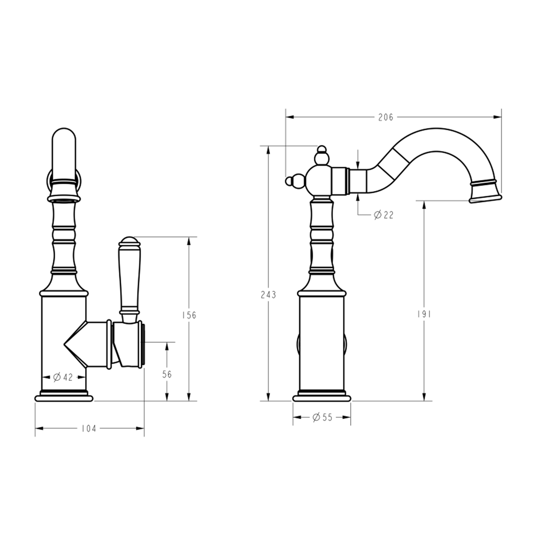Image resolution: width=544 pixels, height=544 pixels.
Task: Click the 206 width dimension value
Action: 386,117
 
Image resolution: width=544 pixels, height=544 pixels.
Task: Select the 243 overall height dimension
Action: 268,295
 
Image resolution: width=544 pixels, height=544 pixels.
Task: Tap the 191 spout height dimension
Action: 424,314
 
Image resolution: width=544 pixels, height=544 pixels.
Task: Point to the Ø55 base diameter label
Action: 322,417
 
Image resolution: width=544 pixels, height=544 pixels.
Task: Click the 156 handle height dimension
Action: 189,315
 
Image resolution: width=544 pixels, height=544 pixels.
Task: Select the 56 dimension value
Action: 166,374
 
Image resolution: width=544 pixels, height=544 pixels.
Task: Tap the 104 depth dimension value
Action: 89,429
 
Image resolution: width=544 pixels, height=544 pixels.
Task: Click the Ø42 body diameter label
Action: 62,377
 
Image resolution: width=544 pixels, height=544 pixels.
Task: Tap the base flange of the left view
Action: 64,398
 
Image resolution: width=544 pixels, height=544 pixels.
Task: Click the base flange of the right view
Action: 322,398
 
